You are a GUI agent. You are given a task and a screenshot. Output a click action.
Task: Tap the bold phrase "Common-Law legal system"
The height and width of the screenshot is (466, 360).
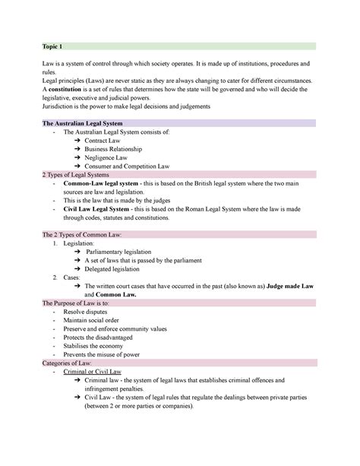[x=102, y=185]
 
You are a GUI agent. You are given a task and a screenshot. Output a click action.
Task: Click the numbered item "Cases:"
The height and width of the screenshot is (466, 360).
[x=71, y=277]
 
